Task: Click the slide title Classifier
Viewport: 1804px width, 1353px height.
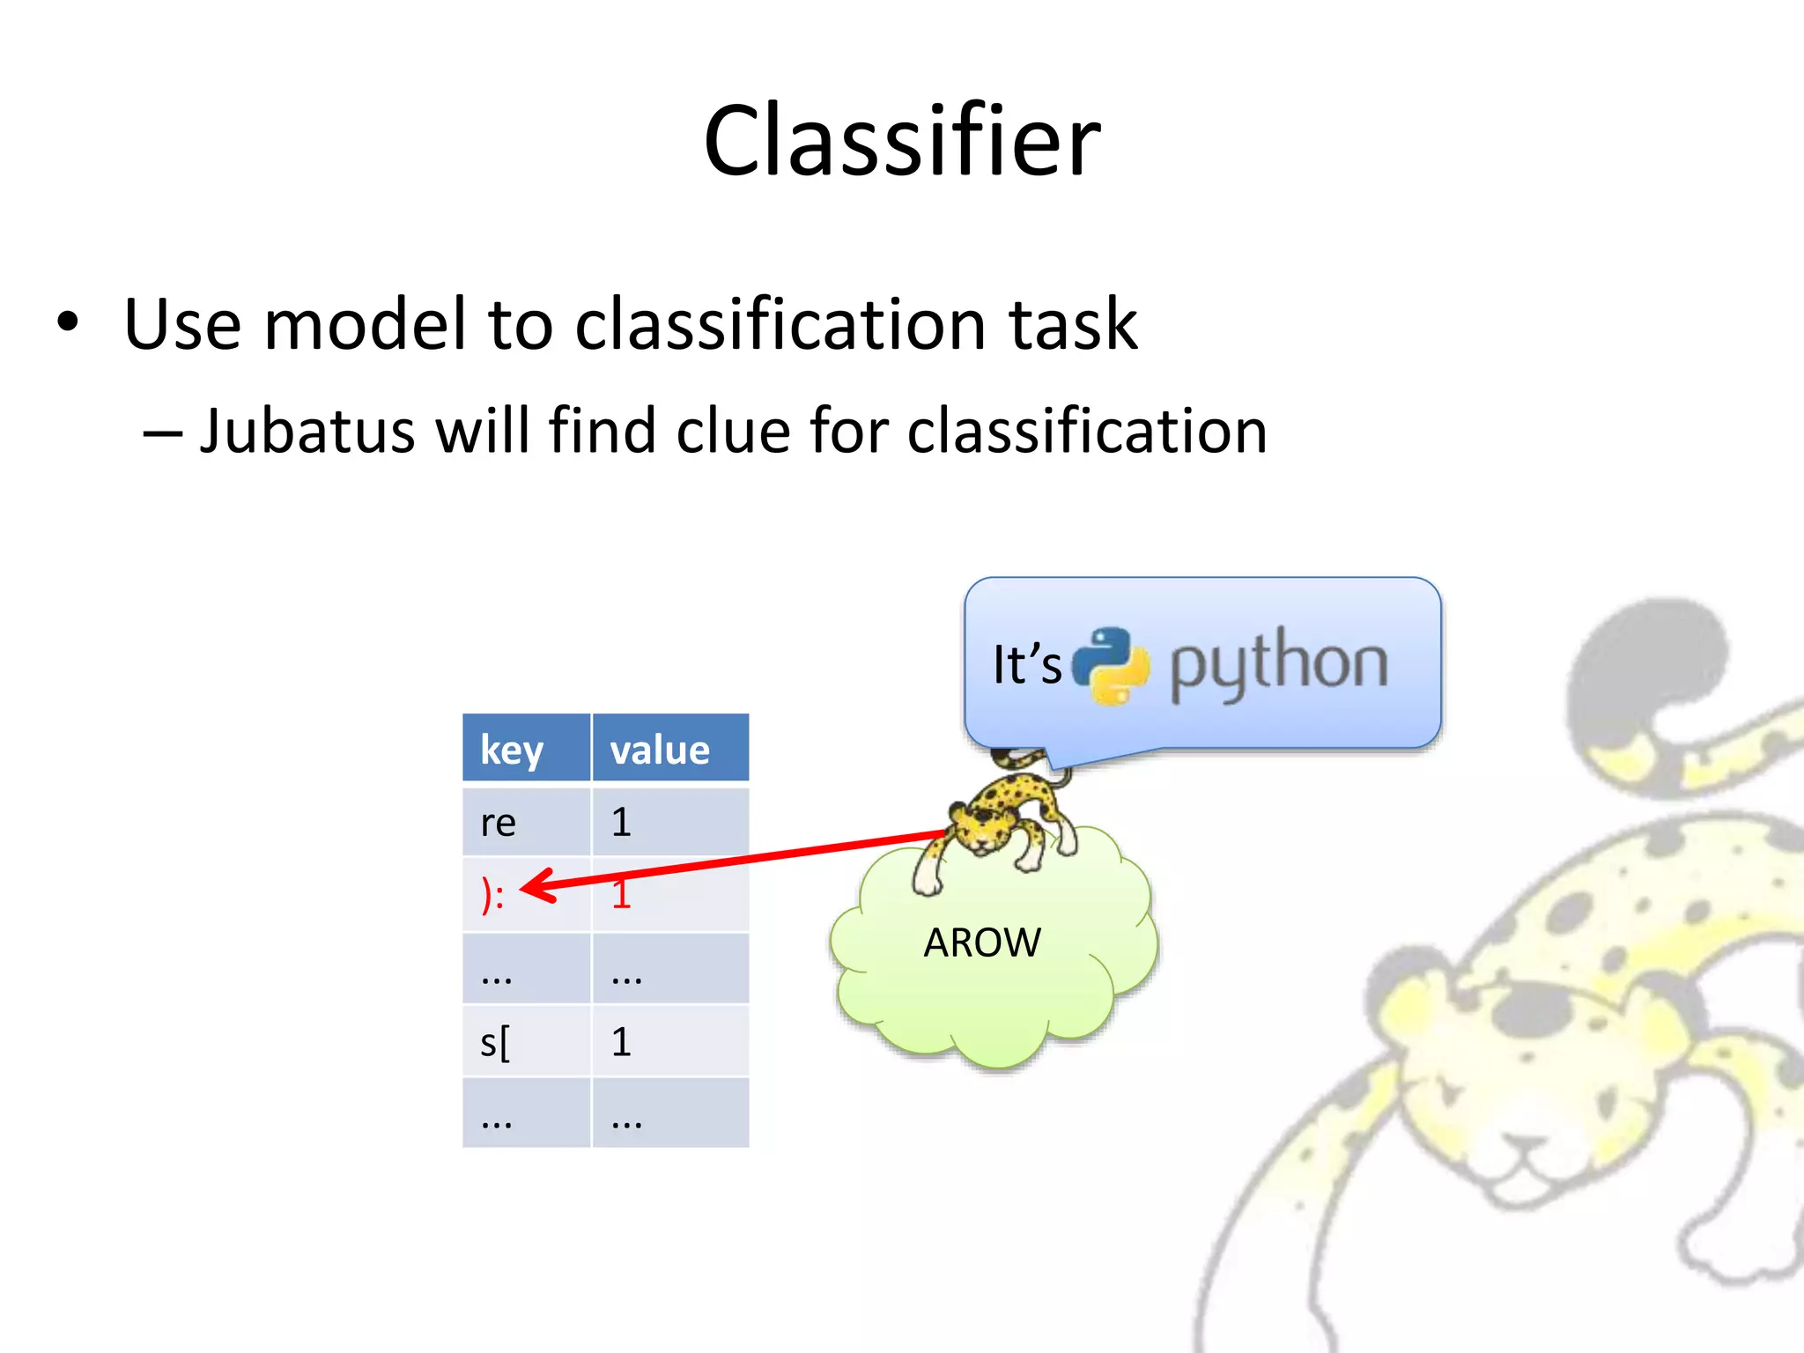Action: pyautogui.click(x=902, y=141)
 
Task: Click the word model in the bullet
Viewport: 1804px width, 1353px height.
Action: pyautogui.click(x=366, y=324)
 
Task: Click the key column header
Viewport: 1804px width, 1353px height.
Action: pyautogui.click(x=512, y=750)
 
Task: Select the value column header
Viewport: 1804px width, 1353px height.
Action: pyautogui.click(x=660, y=750)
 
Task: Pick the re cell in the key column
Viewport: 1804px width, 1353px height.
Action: pyautogui.click(x=499, y=823)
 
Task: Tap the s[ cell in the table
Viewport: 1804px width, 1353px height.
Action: pyautogui.click(x=495, y=1043)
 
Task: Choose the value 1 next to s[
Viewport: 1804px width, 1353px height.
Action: pyautogui.click(x=621, y=1043)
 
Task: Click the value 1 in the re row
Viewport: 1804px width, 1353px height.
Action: pyautogui.click(x=621, y=823)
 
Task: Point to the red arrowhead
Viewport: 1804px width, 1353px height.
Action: pyautogui.click(x=537, y=886)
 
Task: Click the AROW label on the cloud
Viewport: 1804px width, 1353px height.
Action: pyautogui.click(x=981, y=943)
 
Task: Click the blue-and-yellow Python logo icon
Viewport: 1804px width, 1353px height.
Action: pyautogui.click(x=1112, y=665)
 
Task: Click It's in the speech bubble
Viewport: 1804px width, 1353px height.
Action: pyautogui.click(x=1026, y=665)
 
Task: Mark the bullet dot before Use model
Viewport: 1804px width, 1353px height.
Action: pyautogui.click(x=68, y=322)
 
